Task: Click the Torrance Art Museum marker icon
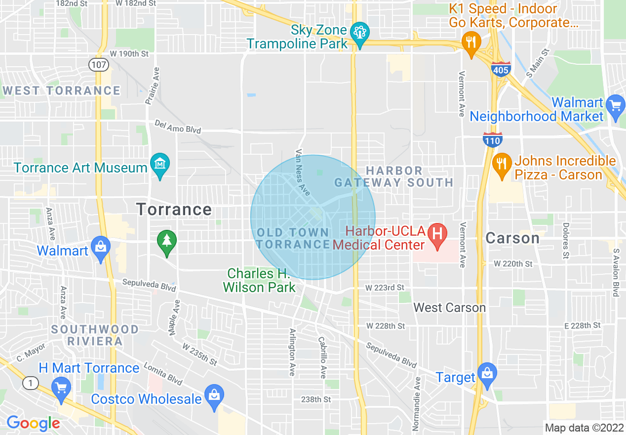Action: coord(160,163)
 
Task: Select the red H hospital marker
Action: coord(437,231)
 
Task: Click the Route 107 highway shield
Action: coord(99,64)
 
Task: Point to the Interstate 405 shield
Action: coord(501,69)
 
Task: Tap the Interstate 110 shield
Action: coord(493,140)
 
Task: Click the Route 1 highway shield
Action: coord(31,383)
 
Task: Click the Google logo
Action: coord(33,424)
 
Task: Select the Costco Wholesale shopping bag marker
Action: coord(214,394)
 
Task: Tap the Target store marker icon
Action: coord(487,372)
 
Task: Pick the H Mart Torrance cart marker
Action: coord(62,387)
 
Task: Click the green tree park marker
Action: coord(167,240)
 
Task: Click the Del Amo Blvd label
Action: coord(178,127)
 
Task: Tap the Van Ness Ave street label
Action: coord(302,173)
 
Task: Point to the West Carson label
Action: coord(449,307)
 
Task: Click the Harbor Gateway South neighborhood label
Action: coord(393,176)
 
